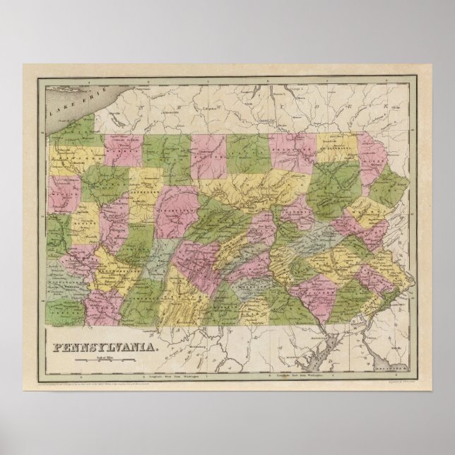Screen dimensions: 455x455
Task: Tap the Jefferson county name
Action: click(x=145, y=189)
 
